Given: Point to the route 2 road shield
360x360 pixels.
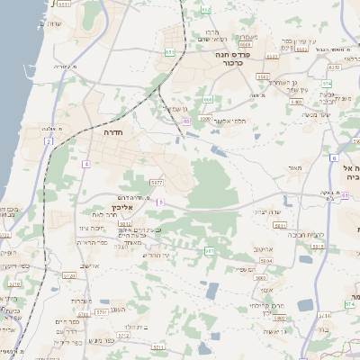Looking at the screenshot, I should pos(49,141).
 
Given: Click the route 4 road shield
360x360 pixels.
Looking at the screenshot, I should pos(86,164).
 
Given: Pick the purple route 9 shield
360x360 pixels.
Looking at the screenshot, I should pos(160,202).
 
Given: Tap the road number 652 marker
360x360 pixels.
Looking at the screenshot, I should pos(206,10).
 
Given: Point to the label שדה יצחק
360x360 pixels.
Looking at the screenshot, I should pos(268,211).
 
